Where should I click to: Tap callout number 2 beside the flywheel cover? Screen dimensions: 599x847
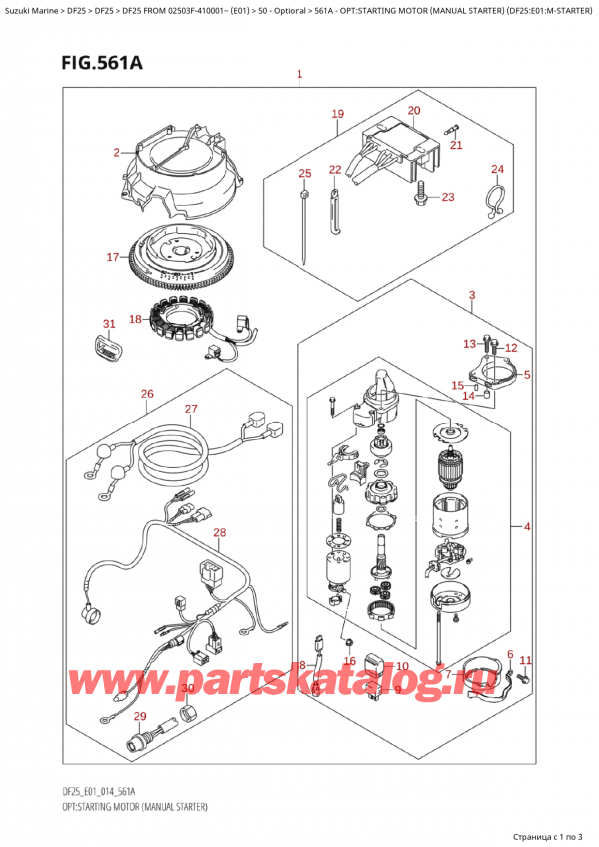(116, 153)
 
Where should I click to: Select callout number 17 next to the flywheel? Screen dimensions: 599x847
(113, 257)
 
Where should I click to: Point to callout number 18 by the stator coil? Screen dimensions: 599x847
(135, 319)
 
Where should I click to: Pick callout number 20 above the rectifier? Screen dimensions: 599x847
(414, 110)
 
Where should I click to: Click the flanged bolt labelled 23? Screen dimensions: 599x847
(419, 197)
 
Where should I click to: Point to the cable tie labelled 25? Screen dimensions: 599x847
(305, 227)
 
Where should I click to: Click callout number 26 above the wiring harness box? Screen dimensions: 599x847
(147, 394)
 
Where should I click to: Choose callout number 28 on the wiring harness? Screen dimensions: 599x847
(219, 533)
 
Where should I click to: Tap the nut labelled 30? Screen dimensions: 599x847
(187, 715)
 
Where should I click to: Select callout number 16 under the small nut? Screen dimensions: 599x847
(350, 660)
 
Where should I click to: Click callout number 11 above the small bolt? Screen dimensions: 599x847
(525, 660)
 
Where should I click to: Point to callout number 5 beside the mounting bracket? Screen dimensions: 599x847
(527, 375)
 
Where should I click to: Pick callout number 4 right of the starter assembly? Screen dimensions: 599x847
(527, 526)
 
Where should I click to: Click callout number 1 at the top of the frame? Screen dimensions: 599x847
(299, 74)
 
